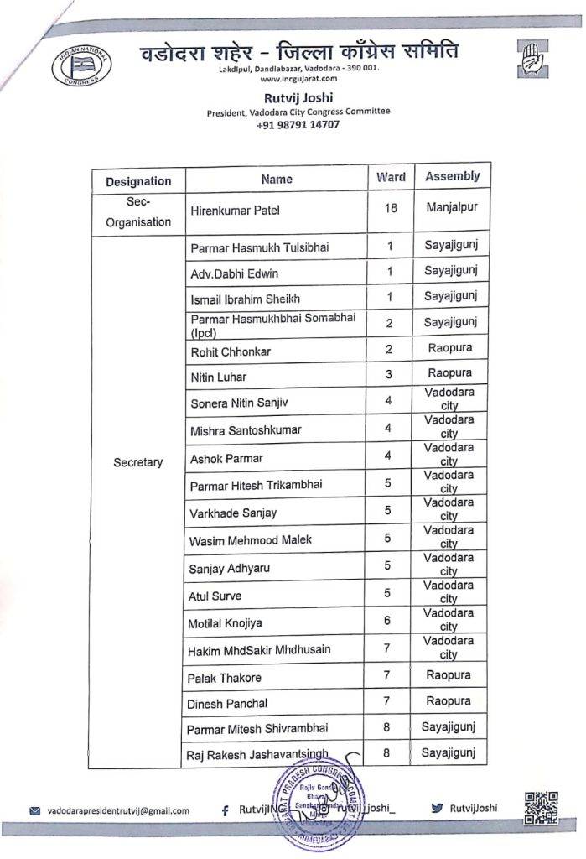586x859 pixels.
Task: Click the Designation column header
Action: pyautogui.click(x=138, y=181)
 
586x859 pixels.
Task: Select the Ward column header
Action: pyautogui.click(x=391, y=177)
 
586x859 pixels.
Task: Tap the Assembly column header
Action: pyautogui.click(x=452, y=176)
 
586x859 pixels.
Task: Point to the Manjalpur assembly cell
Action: pyautogui.click(x=451, y=206)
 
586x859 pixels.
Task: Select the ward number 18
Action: pyautogui.click(x=391, y=207)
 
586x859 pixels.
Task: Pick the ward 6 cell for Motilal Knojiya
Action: pyautogui.click(x=386, y=619)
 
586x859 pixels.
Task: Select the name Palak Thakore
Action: pyautogui.click(x=226, y=677)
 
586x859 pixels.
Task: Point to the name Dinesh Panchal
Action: pyautogui.click(x=229, y=703)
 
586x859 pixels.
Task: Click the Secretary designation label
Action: pyautogui.click(x=138, y=462)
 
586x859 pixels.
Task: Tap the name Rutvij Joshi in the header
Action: pyautogui.click(x=298, y=96)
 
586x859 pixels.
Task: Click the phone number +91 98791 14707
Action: pyautogui.click(x=298, y=124)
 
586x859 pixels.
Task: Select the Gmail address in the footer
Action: pyautogui.click(x=118, y=810)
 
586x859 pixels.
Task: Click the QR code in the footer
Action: pyautogui.click(x=539, y=809)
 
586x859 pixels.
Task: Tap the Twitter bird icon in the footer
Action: pyautogui.click(x=436, y=809)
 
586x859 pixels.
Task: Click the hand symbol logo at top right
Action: pyautogui.click(x=534, y=60)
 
